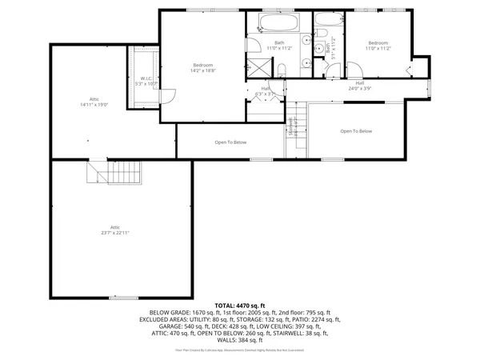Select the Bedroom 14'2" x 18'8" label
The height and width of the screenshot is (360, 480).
coord(204,67)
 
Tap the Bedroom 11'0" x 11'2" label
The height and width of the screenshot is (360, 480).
coord(378,45)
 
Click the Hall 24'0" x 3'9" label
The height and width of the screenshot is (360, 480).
coord(360,86)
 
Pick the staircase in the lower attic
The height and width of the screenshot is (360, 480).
coord(114,172)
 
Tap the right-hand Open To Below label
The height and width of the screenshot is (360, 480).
coord(356,131)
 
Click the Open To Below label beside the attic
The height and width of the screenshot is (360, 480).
coord(230,142)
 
